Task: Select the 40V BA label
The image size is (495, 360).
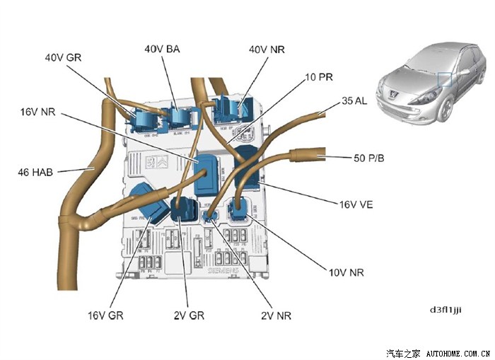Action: tap(162, 49)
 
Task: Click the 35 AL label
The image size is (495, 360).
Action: tap(354, 101)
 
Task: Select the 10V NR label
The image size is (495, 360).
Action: tap(346, 272)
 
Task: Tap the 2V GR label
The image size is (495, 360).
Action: tap(189, 315)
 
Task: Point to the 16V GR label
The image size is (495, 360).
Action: tap(106, 315)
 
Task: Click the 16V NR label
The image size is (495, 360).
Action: tap(38, 112)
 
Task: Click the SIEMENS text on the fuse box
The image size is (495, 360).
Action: tap(223, 271)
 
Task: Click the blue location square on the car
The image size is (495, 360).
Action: tap(445, 79)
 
